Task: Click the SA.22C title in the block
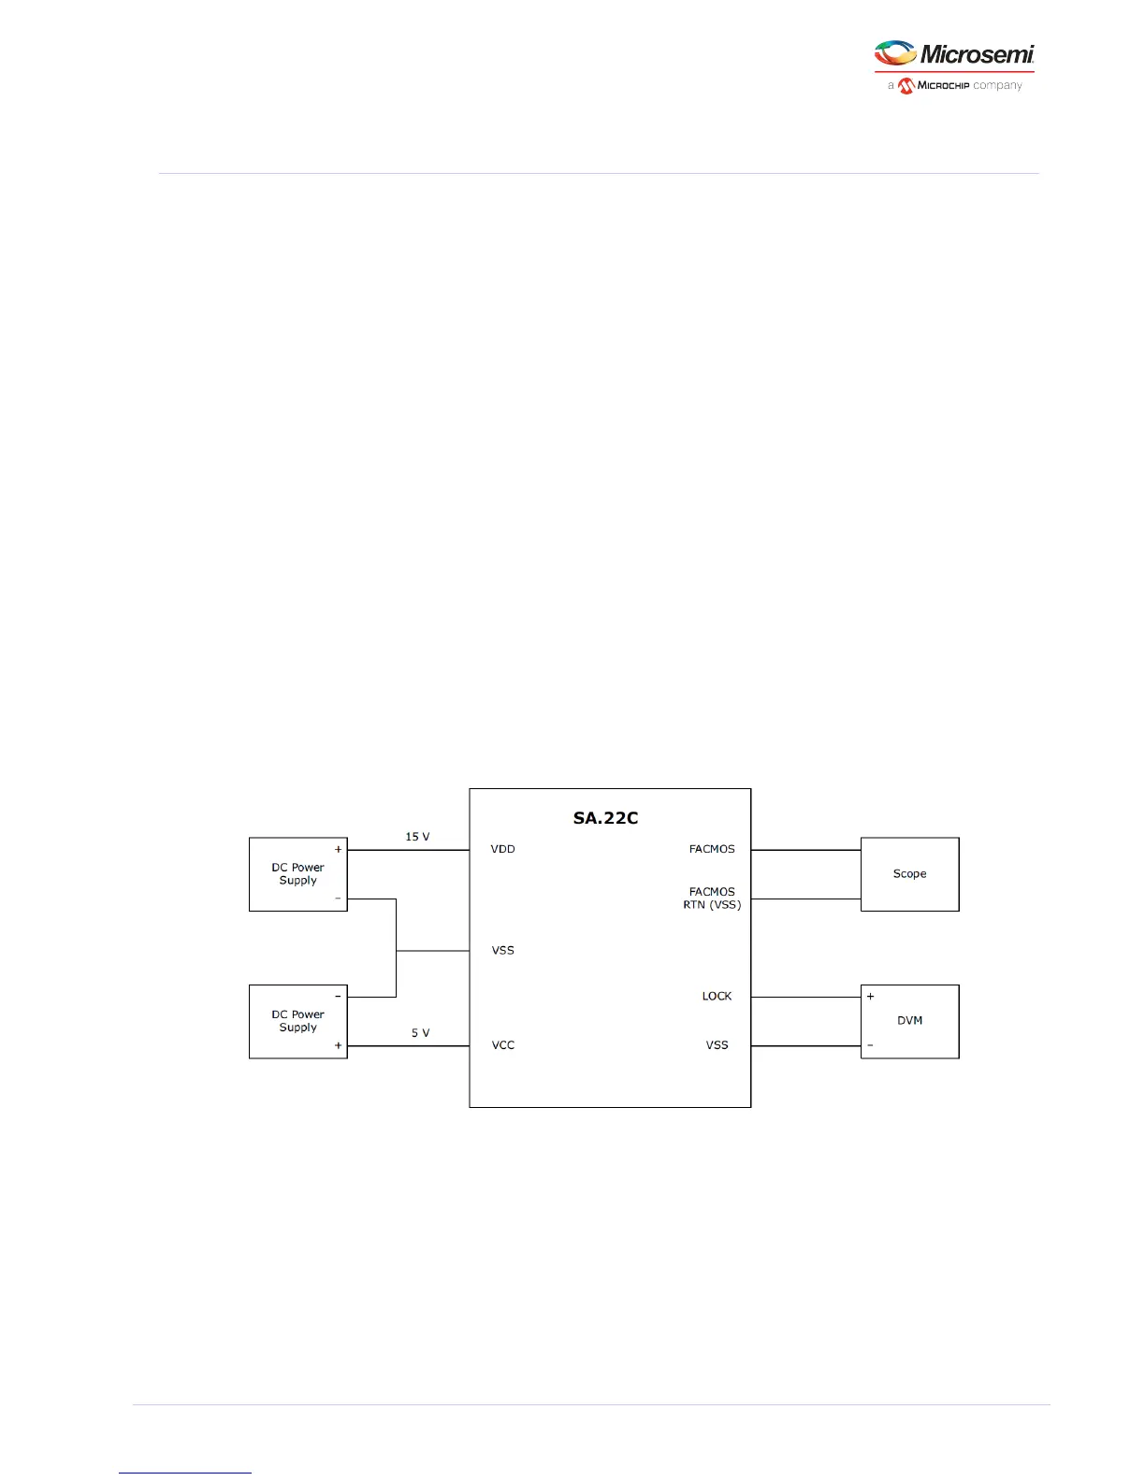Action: pyautogui.click(x=605, y=818)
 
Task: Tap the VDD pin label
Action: pyautogui.click(x=502, y=849)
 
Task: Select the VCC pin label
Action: pyautogui.click(x=503, y=1045)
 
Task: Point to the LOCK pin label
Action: pyautogui.click(x=717, y=996)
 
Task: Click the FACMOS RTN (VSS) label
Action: pyautogui.click(x=712, y=899)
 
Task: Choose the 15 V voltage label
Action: pyautogui.click(x=417, y=837)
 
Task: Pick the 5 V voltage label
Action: pyautogui.click(x=420, y=1033)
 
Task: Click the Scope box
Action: pyautogui.click(x=909, y=874)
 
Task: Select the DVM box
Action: pyautogui.click(x=909, y=1021)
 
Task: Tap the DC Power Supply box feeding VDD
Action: pyautogui.click(x=297, y=874)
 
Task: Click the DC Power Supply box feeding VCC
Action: pyautogui.click(x=297, y=1021)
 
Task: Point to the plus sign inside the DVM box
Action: pyautogui.click(x=870, y=997)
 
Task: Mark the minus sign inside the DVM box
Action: pyautogui.click(x=870, y=1045)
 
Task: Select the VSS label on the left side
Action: pyautogui.click(x=502, y=950)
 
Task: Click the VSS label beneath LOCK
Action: pyautogui.click(x=717, y=1045)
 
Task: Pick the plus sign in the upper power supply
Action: pyautogui.click(x=338, y=849)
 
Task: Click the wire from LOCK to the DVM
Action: pyautogui.click(x=805, y=997)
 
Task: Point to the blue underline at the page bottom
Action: pyautogui.click(x=185, y=1473)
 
